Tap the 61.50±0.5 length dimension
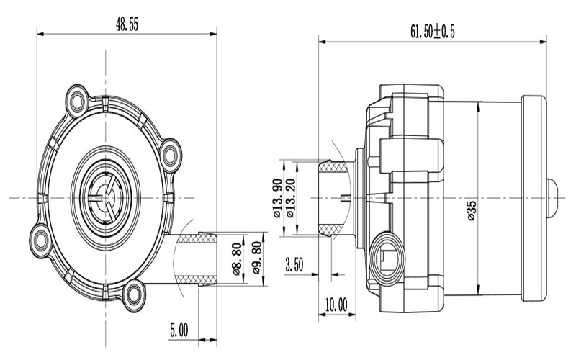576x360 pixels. (x=433, y=31)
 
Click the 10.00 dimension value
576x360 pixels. (x=336, y=304)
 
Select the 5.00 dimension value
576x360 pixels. (x=179, y=330)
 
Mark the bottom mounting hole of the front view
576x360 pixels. (x=133, y=292)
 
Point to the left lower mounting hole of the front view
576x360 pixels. (x=40, y=238)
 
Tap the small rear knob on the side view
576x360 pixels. (x=554, y=197)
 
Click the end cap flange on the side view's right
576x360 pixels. (x=534, y=196)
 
